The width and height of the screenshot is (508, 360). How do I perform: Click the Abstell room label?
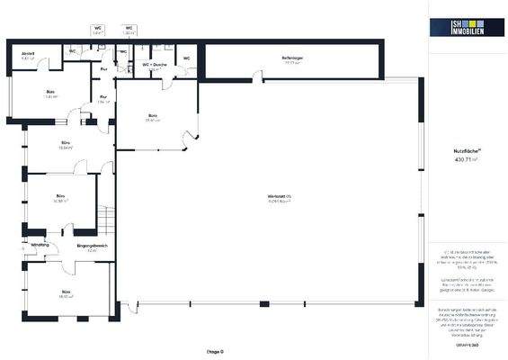28,54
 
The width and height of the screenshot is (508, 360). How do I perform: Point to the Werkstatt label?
280,197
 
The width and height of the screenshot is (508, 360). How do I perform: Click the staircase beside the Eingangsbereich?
105,221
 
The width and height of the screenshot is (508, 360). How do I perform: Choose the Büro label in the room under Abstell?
50,92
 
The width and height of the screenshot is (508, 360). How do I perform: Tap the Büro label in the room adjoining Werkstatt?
153,116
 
